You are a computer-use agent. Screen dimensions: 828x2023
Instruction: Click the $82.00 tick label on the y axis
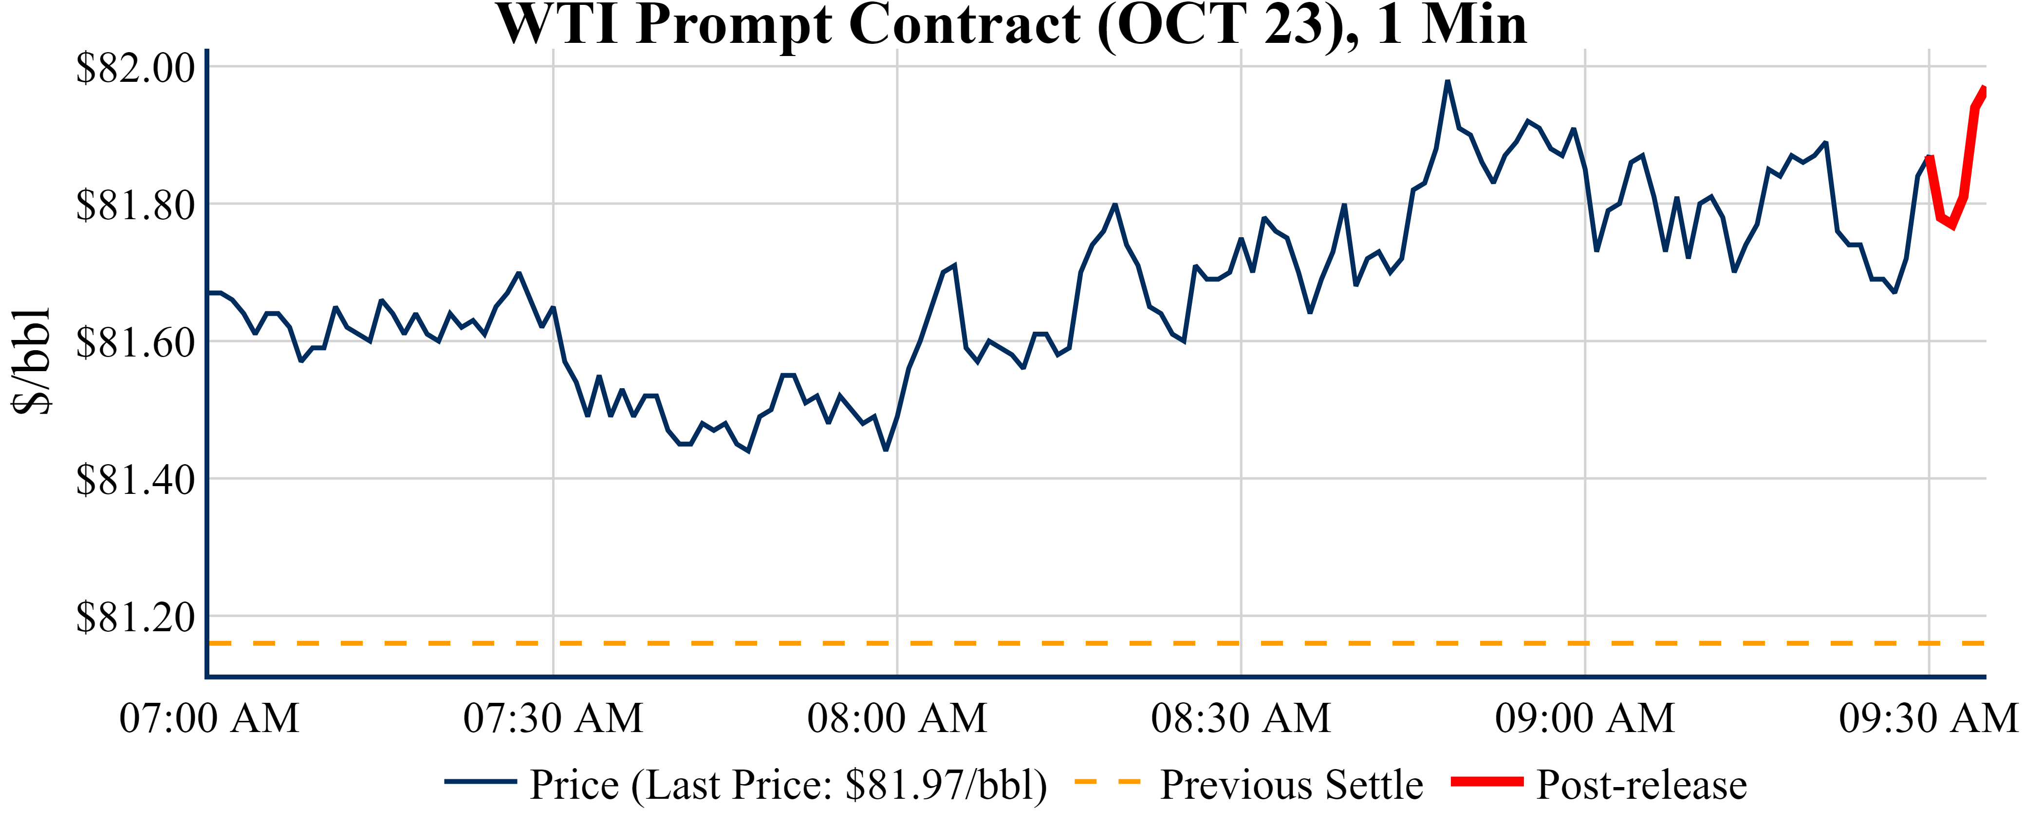[x=135, y=68]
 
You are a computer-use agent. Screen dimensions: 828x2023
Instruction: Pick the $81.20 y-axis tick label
[x=135, y=618]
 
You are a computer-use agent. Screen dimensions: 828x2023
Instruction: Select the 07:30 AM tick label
[x=553, y=718]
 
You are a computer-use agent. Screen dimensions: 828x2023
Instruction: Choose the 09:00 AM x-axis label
[x=1585, y=718]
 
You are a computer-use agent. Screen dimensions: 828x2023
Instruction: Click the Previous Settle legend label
[x=1291, y=785]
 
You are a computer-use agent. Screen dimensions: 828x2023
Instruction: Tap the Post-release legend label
[x=1641, y=785]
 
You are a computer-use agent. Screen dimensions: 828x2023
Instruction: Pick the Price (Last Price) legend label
[x=788, y=785]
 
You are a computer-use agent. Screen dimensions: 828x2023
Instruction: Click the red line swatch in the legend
[x=1486, y=782]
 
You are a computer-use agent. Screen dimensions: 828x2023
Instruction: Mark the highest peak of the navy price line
[x=1448, y=81]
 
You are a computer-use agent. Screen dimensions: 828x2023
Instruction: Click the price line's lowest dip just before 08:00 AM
[x=886, y=450]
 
